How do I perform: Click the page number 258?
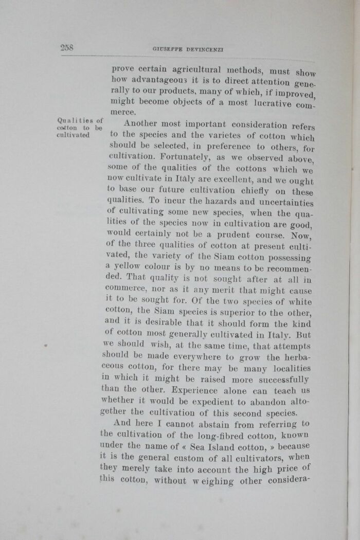pyautogui.click(x=67, y=47)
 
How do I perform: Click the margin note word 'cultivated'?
pyautogui.click(x=73, y=135)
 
